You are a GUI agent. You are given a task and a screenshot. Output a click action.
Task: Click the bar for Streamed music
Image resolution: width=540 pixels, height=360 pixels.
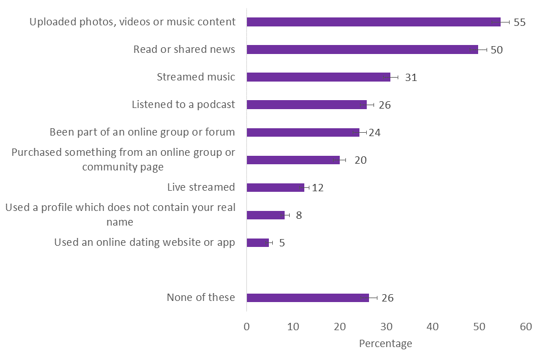click(x=318, y=77)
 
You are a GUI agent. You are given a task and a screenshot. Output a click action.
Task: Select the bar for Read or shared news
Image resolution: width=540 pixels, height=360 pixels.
click(x=362, y=49)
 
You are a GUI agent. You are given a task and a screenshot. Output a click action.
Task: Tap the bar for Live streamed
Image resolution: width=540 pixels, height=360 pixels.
click(x=276, y=187)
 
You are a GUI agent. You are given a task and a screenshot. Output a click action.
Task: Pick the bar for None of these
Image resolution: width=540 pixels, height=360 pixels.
click(x=308, y=298)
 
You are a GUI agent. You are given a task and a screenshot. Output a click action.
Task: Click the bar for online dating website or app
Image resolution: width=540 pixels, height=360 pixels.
click(x=258, y=242)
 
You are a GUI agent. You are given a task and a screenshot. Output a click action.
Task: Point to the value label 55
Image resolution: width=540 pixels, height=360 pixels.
click(x=519, y=22)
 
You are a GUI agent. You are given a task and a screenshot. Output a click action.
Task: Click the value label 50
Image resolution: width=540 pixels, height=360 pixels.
click(x=496, y=50)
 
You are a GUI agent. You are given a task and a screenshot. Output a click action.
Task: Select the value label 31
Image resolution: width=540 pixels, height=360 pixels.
click(x=411, y=78)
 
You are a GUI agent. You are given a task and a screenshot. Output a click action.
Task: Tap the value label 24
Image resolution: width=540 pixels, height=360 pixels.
click(x=375, y=133)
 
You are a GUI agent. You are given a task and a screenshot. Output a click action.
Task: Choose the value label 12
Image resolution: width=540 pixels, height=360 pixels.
click(x=317, y=188)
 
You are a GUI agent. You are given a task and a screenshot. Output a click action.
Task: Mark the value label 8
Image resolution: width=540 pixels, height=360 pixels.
click(x=299, y=215)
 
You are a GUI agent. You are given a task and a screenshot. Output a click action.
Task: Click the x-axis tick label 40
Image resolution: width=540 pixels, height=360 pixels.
click(x=433, y=326)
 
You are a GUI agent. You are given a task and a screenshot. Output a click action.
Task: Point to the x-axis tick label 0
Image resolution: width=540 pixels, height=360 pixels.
click(x=246, y=326)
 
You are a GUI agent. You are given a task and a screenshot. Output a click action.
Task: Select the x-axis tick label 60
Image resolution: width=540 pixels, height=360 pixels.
click(x=525, y=326)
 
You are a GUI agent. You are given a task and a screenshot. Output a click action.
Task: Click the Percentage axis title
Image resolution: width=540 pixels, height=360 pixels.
click(x=385, y=343)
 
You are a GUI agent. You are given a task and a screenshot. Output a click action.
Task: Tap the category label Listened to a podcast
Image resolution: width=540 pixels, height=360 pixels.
click(x=183, y=105)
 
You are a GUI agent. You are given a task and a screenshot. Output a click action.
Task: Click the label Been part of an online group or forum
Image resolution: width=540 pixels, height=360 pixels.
click(x=142, y=132)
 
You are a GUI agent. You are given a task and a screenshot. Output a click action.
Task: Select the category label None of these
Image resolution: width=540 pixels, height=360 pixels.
click(x=201, y=298)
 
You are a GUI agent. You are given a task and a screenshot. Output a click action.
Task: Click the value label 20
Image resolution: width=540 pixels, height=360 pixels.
click(x=360, y=160)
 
